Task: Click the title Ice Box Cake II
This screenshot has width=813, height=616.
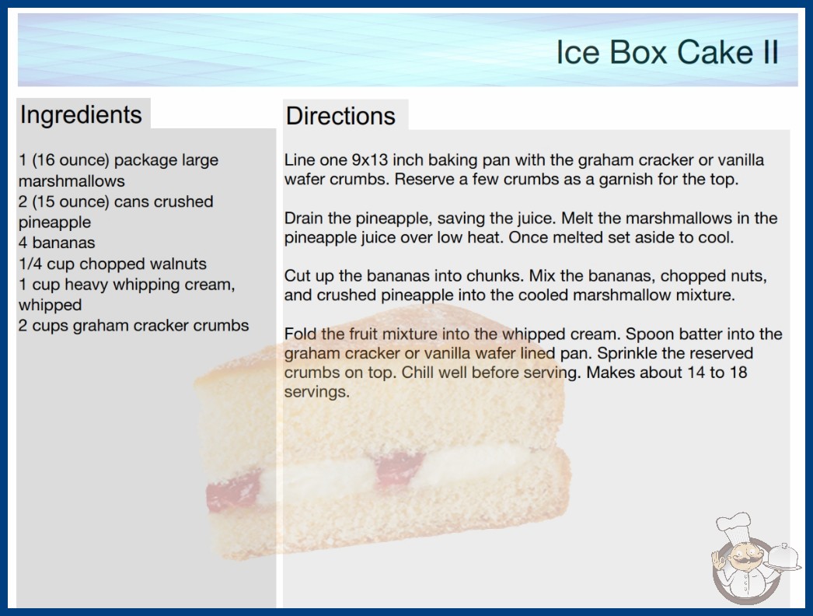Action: click(x=668, y=52)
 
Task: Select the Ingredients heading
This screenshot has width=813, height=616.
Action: click(x=81, y=114)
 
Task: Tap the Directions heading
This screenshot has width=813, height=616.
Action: click(x=340, y=116)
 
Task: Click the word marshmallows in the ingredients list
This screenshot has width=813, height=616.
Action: click(x=72, y=180)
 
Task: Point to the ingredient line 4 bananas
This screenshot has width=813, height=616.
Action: click(x=57, y=243)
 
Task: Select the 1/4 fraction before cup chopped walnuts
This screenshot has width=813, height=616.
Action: click(x=30, y=264)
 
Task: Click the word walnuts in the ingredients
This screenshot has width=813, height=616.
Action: click(x=178, y=264)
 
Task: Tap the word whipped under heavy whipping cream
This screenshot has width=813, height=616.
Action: click(x=50, y=305)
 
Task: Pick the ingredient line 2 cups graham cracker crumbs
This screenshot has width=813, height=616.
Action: click(x=134, y=325)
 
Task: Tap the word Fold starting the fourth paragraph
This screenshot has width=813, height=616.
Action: click(x=301, y=334)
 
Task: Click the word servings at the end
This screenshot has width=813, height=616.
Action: click(x=317, y=392)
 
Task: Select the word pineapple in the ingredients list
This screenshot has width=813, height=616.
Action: click(x=55, y=222)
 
